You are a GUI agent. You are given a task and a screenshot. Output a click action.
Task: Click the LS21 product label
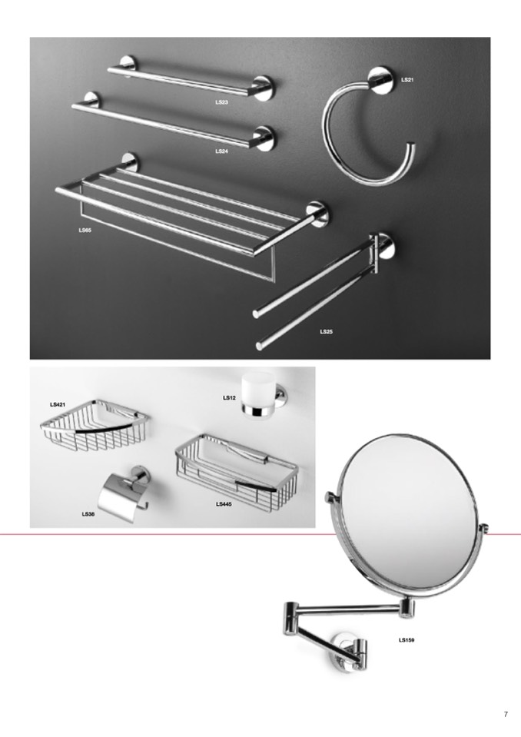pyautogui.click(x=407, y=80)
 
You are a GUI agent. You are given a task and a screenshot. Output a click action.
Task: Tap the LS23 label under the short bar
pyautogui.click(x=222, y=102)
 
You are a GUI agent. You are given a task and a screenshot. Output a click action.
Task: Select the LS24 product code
pyautogui.click(x=222, y=151)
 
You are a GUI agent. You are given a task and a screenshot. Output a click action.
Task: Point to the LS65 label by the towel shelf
pyautogui.click(x=85, y=231)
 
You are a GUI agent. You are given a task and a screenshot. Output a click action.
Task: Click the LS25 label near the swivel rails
pyautogui.click(x=327, y=331)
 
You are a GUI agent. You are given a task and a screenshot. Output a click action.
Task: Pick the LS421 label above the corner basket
pyautogui.click(x=58, y=404)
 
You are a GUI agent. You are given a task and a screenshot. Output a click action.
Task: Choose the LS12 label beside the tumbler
pyautogui.click(x=229, y=397)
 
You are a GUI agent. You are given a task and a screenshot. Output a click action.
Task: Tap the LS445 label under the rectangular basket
pyautogui.click(x=224, y=504)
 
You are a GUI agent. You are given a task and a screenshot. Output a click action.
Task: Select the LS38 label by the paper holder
pyautogui.click(x=88, y=514)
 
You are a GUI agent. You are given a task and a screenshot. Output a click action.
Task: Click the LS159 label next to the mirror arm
pyautogui.click(x=407, y=639)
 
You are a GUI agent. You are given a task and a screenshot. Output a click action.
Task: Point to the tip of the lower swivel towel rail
pyautogui.click(x=260, y=347)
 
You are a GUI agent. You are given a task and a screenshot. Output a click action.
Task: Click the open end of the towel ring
pyautogui.click(x=411, y=147)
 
